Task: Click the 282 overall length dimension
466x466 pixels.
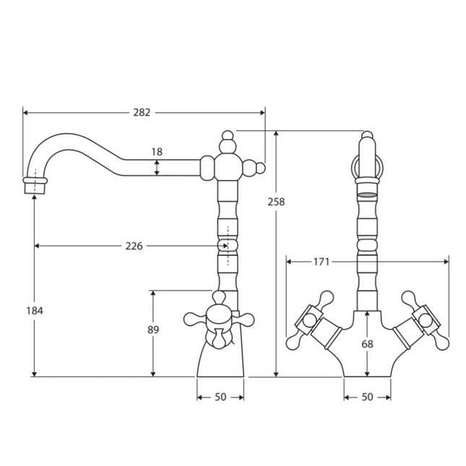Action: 143,113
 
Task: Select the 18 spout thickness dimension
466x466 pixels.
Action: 158,152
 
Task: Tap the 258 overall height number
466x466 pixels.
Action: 276,202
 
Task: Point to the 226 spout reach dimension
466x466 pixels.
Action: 134,246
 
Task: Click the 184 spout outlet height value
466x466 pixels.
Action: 35,310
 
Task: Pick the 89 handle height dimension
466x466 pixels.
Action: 152,329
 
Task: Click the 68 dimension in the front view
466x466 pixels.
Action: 367,344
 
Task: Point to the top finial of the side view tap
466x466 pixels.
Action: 228,137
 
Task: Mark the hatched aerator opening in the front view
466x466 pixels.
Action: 367,195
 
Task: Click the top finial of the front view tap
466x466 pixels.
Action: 367,137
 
